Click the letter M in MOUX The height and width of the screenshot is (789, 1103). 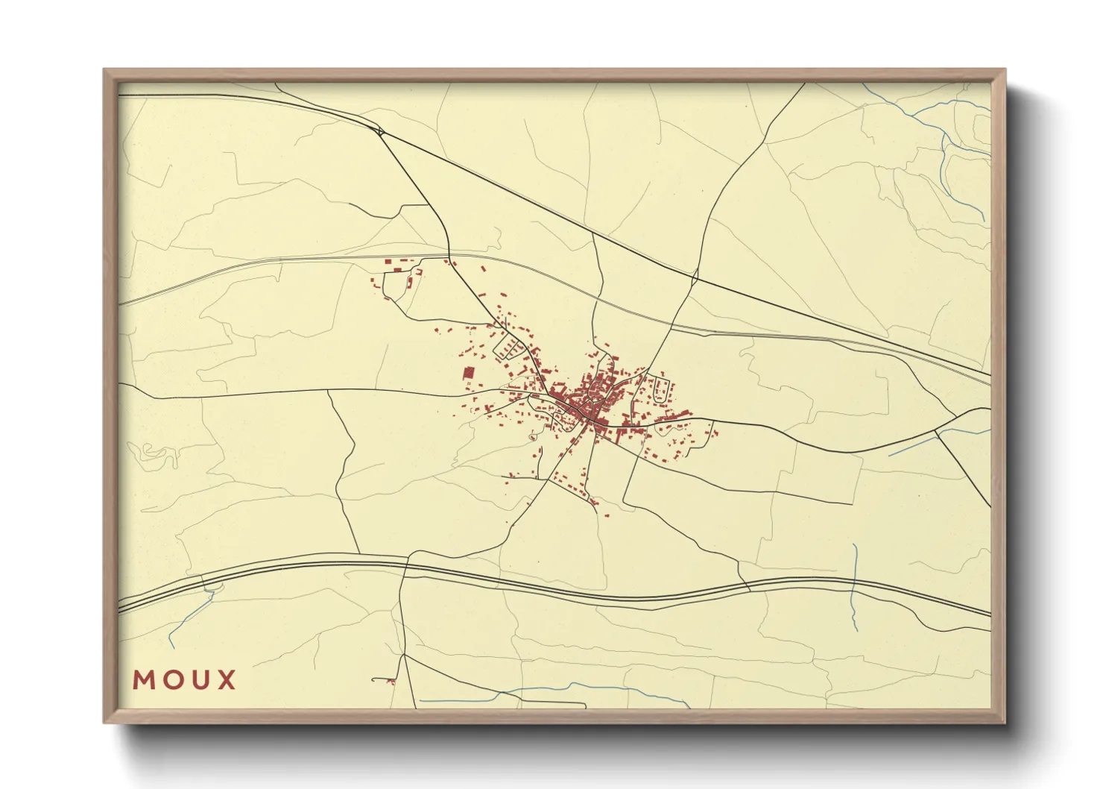144,680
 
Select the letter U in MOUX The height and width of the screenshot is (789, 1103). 201,680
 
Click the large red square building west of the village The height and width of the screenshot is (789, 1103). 469,373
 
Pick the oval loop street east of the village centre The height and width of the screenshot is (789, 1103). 659,390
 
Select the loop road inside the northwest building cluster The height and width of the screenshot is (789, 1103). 395,283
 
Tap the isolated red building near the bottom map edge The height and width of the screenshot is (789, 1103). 391,681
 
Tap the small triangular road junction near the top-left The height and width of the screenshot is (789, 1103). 381,132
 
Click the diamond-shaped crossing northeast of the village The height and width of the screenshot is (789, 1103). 695,280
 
